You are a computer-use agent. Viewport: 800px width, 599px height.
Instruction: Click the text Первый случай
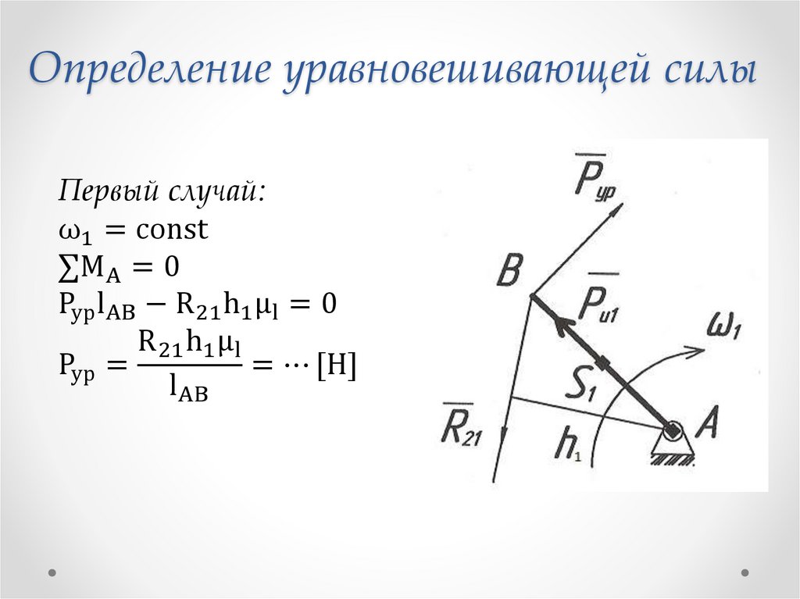(x=163, y=191)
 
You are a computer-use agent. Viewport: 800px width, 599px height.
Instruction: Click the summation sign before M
(x=67, y=267)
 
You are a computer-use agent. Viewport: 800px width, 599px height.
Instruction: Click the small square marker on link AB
(x=604, y=363)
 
